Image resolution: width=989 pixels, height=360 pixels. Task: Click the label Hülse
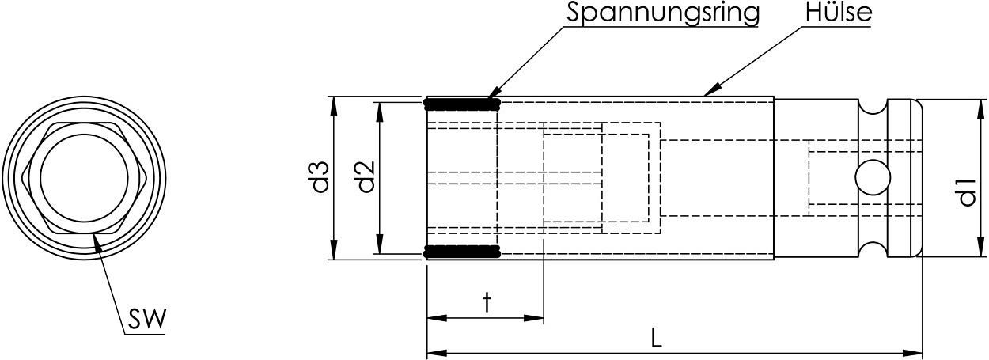tap(838, 13)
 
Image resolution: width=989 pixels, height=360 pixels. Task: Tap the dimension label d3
tap(320, 178)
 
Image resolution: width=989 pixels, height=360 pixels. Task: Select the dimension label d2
tap(365, 178)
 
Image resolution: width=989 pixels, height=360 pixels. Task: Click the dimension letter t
tap(487, 301)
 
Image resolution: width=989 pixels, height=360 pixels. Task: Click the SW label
tap(146, 319)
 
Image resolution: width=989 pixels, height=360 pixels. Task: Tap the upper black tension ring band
tap(463, 103)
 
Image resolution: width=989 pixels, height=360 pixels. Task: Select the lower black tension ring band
tap(463, 252)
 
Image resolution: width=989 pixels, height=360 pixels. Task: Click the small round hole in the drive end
tap(873, 177)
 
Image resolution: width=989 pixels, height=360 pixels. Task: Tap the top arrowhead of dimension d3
tap(334, 102)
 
